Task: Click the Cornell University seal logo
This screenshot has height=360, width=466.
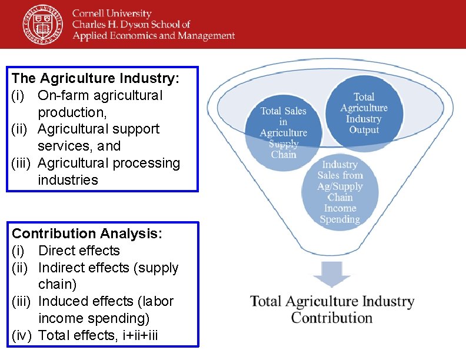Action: [43, 24]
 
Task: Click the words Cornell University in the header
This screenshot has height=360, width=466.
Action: [112, 14]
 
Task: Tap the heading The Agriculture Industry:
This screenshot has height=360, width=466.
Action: [95, 78]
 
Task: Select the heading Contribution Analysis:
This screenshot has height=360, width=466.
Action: [87, 234]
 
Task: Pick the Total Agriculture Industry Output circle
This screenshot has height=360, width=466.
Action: [364, 113]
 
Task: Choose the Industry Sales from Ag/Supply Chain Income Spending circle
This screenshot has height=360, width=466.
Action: [339, 192]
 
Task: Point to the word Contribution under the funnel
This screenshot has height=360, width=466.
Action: [332, 318]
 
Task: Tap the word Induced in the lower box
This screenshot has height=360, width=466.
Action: [64, 301]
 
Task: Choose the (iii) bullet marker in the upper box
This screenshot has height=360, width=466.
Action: [22, 163]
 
